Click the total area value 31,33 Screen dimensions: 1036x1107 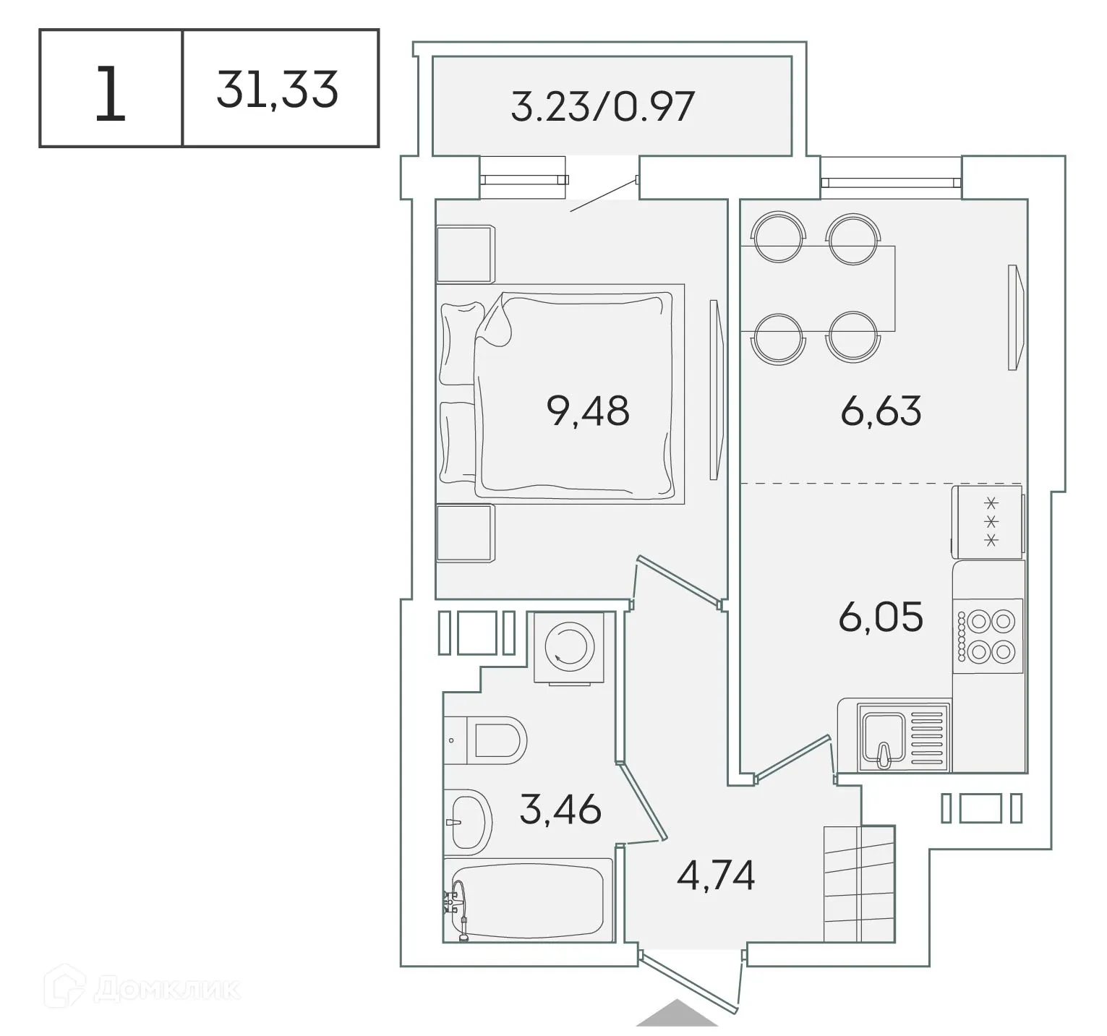[x=278, y=90]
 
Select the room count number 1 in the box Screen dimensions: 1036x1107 [x=110, y=93]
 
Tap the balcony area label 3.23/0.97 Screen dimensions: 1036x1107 [x=602, y=106]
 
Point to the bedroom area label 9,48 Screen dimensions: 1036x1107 [x=588, y=411]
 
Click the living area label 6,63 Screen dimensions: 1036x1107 [x=881, y=411]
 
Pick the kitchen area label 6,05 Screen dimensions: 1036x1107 [x=881, y=617]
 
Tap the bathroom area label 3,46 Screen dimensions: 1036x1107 [x=560, y=809]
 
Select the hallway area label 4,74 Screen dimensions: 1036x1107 [x=716, y=876]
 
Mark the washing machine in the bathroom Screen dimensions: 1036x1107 [x=569, y=647]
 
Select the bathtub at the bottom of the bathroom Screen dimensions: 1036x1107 [x=528, y=900]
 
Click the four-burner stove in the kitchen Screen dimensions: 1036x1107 [x=988, y=636]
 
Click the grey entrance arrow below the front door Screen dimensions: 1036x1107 [x=677, y=1013]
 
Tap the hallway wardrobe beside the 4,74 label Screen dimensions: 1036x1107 [x=859, y=883]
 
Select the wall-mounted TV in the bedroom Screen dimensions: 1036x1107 [x=715, y=390]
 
